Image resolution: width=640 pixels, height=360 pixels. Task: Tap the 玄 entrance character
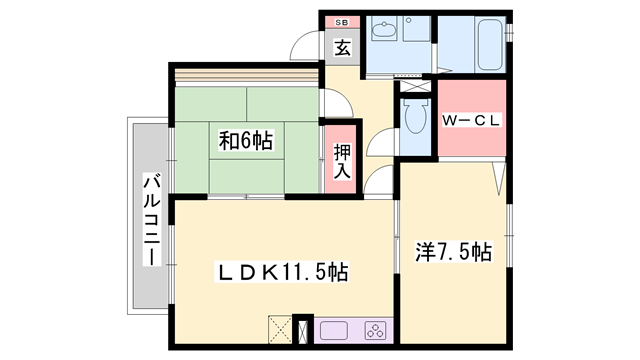tap(342, 47)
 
